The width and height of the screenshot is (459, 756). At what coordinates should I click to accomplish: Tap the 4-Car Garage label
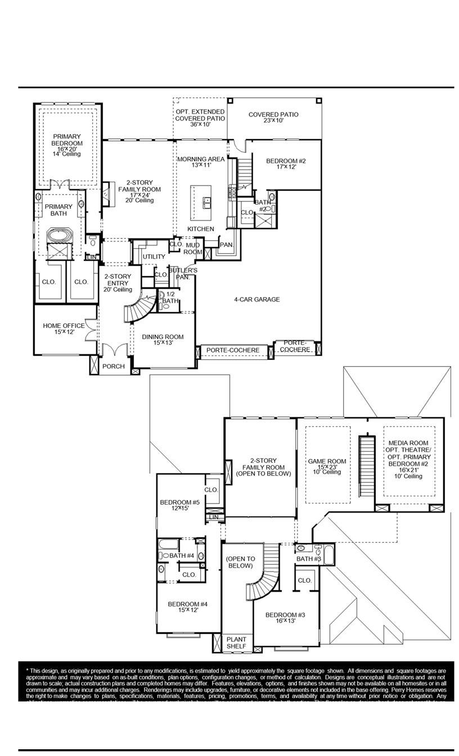click(256, 300)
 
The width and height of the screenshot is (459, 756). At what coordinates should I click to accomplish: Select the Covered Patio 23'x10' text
click(273, 118)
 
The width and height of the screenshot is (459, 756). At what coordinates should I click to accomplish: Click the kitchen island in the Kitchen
click(202, 202)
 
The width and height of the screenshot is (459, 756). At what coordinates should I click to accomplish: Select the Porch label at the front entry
click(114, 367)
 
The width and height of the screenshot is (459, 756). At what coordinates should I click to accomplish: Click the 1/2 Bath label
click(170, 298)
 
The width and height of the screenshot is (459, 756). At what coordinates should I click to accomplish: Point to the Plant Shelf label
click(236, 643)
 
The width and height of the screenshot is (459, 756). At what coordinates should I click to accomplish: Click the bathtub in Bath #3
click(330, 554)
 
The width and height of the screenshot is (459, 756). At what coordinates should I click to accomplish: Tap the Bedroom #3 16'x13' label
click(282, 618)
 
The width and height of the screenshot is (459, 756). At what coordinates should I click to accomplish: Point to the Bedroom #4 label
click(188, 607)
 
